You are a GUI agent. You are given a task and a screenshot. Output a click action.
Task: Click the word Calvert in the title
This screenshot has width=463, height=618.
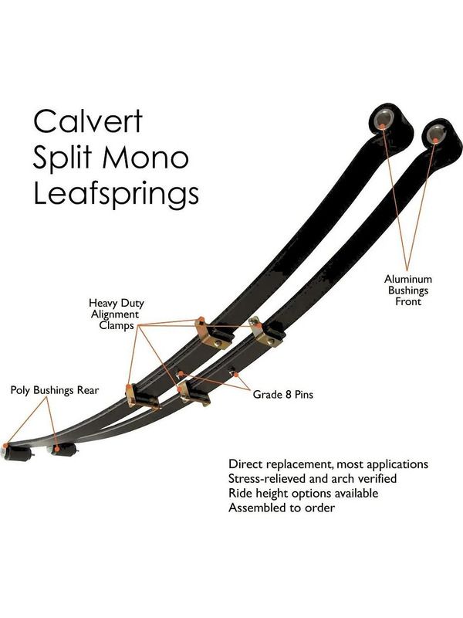pos(88,121)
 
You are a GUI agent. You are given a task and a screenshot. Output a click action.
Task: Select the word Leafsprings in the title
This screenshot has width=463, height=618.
pos(117,194)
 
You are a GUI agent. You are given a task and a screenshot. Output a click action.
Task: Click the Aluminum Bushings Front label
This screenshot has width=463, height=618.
pos(408,290)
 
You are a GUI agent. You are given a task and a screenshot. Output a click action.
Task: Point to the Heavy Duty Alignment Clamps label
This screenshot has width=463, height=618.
pos(117,314)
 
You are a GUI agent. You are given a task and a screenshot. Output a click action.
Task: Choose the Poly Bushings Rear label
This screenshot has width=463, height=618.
pos(54,390)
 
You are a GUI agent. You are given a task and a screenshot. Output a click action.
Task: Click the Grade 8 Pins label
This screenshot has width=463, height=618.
pos(282,395)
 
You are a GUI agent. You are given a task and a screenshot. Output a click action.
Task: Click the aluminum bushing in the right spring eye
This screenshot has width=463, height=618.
pos(436,134)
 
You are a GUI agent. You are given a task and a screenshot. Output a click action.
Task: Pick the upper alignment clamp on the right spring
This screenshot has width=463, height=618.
pos(267,331)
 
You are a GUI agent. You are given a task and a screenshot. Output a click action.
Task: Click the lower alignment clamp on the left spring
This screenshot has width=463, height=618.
pos(142,396)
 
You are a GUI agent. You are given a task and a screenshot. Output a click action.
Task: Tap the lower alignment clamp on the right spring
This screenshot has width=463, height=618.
pos(194,393)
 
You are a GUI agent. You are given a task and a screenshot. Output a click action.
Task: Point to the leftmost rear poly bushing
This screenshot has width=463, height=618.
pos(16,453)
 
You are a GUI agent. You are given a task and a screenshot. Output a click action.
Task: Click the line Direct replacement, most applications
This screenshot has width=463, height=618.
pos(328,464)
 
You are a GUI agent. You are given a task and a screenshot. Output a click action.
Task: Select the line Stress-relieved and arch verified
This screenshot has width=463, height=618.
pos(313,478)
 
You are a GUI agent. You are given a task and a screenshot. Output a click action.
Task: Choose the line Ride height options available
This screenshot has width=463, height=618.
pos(303,494)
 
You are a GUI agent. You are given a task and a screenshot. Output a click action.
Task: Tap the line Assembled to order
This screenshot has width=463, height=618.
pos(282,508)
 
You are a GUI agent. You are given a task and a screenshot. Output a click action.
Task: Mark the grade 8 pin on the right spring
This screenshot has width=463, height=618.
pos(233,371)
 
